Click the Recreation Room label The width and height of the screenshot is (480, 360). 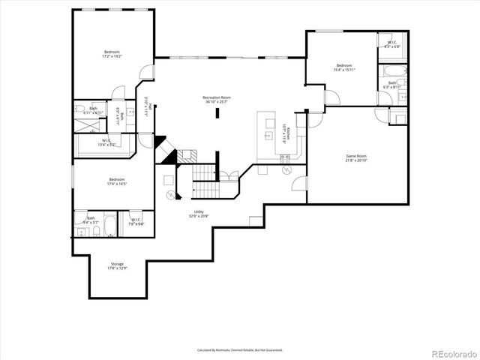tap(216, 98)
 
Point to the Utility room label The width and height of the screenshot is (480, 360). tap(199, 214)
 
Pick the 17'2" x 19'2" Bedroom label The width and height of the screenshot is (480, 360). tap(112, 53)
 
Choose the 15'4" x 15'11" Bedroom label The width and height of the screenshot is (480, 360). tap(344, 67)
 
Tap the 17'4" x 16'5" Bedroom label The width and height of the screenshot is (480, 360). tap(116, 181)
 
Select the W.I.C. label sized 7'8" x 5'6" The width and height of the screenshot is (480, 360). tap(137, 222)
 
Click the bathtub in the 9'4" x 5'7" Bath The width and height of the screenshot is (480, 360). tap(109, 224)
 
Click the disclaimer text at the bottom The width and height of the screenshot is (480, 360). tap(239, 349)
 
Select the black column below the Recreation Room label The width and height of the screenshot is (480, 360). tap(217, 113)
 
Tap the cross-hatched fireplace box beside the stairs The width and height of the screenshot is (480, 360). tap(187, 157)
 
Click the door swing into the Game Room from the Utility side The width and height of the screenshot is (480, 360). tap(301, 184)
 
